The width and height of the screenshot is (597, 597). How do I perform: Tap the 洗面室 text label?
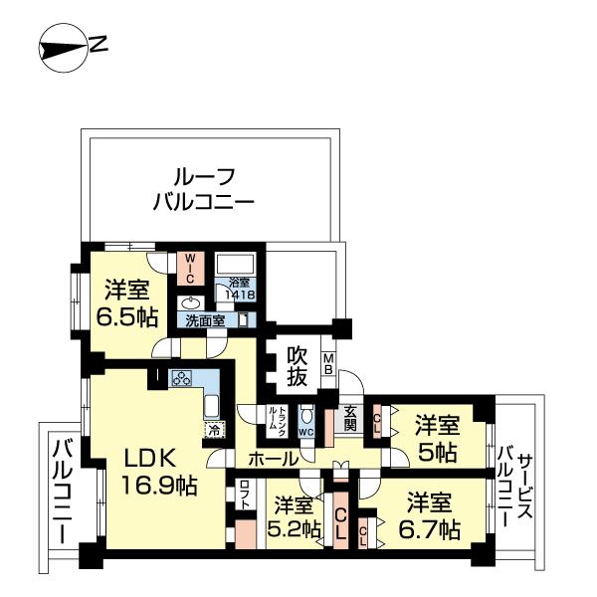[x=207, y=320]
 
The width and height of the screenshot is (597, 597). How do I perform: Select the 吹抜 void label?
[x=298, y=365]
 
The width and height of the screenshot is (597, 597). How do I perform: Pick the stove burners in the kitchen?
[x=182, y=378]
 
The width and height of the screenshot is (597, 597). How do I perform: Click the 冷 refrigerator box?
[x=213, y=430]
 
